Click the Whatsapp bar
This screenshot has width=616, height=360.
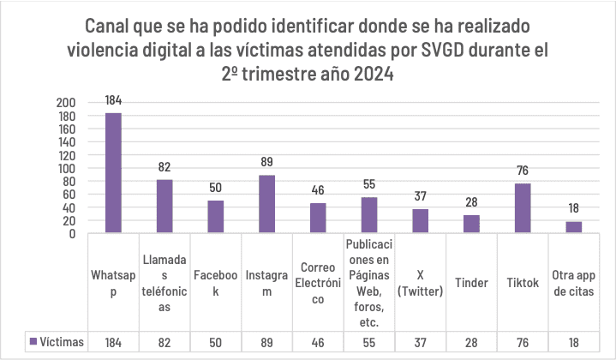pos(113,173)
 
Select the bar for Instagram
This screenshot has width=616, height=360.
pos(266,204)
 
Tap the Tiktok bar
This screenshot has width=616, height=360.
pos(523,208)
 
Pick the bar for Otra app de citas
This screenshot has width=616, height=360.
pos(573,227)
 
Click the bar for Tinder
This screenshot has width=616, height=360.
pos(471,224)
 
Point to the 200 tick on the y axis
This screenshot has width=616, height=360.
pos(66,103)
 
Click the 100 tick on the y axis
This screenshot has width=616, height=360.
pos(66,168)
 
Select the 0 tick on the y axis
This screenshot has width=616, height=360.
pos(72,234)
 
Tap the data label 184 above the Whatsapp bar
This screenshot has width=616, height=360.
pos(113,100)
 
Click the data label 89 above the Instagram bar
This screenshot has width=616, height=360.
pos(266,162)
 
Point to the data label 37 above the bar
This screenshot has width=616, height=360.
pos(421,195)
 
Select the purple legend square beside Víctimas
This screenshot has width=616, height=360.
pos(33,341)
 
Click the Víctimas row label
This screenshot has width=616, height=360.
pos(62,342)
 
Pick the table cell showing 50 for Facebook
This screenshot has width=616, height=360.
pos(216,342)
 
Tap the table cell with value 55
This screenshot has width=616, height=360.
pos(369,342)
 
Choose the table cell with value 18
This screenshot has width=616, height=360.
pos(573,342)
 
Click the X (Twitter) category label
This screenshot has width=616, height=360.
pos(421,283)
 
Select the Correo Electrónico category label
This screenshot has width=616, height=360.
pos(318,283)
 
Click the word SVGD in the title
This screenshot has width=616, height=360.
pos(442,50)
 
